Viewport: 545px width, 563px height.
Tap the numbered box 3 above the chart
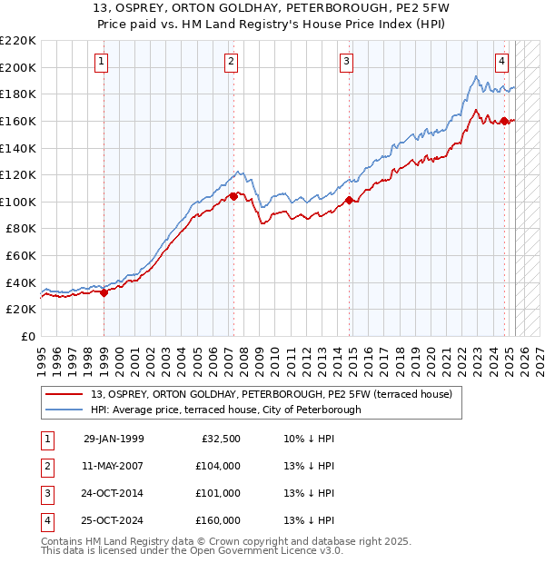tap(347, 62)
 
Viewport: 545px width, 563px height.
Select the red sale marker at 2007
tap(233, 196)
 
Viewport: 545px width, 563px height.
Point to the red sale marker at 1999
tap(104, 292)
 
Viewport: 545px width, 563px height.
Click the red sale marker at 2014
tap(350, 201)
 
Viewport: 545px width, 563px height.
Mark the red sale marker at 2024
tap(505, 121)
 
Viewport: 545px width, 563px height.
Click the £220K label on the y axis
tap(18, 41)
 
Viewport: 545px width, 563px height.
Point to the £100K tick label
tap(18, 202)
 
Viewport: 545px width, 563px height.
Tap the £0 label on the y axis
tap(27, 336)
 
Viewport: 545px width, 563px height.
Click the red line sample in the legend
tap(64, 394)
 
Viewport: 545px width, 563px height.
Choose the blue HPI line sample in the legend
tap(64, 410)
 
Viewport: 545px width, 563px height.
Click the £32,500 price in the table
tap(218, 439)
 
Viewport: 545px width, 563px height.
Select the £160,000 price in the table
tap(218, 520)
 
